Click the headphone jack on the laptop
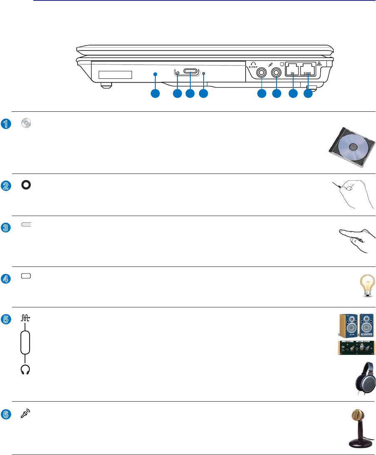[x=261, y=73]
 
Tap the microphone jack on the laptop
[x=276, y=73]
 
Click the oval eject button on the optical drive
[x=190, y=73]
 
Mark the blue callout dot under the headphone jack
[x=261, y=94]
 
